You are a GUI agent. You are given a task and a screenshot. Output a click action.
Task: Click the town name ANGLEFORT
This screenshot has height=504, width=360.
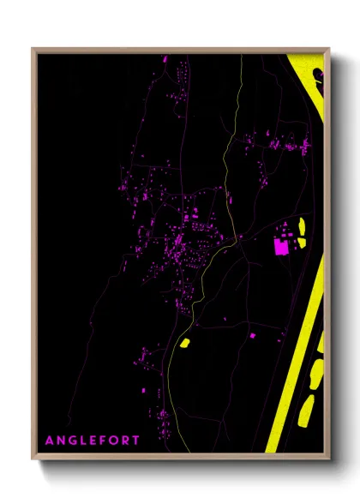(93, 440)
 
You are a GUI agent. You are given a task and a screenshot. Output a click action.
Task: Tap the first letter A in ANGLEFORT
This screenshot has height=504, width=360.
(50, 440)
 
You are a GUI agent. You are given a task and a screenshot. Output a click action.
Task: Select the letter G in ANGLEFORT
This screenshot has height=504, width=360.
(73, 440)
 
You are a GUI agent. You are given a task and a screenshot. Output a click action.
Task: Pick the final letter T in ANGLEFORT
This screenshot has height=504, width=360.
(137, 440)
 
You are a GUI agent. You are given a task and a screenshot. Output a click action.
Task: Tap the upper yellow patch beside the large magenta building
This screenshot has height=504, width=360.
(302, 227)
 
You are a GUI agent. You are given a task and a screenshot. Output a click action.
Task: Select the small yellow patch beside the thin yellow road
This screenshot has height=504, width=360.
(183, 344)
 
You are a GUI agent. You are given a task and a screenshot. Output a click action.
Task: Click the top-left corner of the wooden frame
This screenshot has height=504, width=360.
(33, 49)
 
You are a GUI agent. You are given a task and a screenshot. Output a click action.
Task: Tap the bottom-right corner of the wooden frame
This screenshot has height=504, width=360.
(329, 459)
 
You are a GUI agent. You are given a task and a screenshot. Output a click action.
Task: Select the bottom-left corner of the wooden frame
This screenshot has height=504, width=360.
(33, 459)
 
